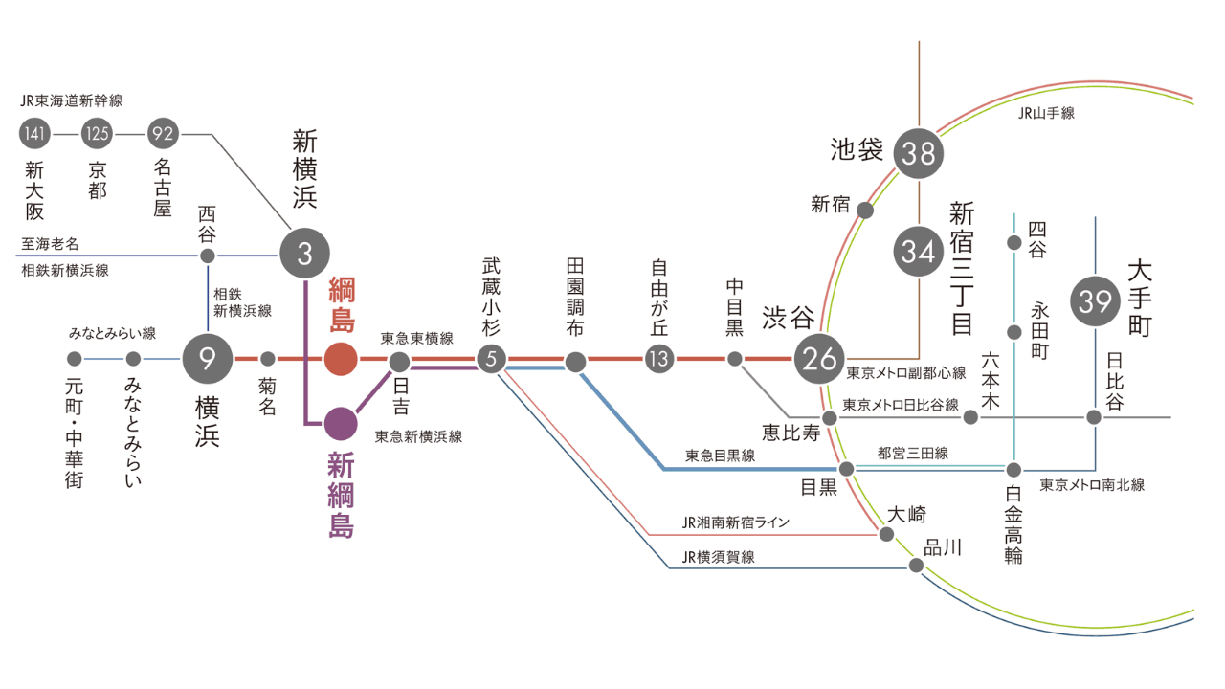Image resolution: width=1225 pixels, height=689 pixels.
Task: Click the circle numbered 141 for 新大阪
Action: (x=34, y=134)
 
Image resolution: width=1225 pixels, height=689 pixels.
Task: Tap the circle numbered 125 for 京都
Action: (x=98, y=134)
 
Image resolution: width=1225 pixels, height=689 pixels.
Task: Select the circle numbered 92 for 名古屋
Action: (x=161, y=134)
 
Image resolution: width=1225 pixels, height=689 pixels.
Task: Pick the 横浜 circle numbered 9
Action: (x=208, y=359)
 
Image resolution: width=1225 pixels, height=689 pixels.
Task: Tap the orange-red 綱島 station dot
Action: (x=341, y=359)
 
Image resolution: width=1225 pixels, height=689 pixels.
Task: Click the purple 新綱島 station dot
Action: (x=341, y=421)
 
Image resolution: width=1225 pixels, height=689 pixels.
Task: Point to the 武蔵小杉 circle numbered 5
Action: (x=491, y=360)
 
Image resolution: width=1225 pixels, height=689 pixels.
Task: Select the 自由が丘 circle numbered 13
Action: (x=659, y=360)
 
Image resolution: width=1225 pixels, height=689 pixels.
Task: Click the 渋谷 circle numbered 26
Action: (x=820, y=360)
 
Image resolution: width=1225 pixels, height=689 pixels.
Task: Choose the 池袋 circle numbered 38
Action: (x=918, y=153)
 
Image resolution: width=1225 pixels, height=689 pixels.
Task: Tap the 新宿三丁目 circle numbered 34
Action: (x=918, y=252)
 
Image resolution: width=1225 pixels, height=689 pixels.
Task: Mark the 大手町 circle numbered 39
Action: (x=1094, y=301)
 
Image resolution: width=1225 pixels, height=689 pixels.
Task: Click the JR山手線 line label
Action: (x=1046, y=113)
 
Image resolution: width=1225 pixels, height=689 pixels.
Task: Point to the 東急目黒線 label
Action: (x=720, y=456)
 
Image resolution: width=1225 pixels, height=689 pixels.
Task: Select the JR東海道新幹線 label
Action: (x=72, y=100)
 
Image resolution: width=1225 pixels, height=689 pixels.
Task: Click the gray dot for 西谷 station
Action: (x=208, y=256)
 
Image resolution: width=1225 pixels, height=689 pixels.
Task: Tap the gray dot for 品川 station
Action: (x=916, y=566)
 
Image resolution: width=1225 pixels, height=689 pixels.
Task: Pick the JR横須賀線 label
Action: (x=718, y=557)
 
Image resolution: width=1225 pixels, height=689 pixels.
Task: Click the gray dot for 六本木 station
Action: (x=970, y=417)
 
